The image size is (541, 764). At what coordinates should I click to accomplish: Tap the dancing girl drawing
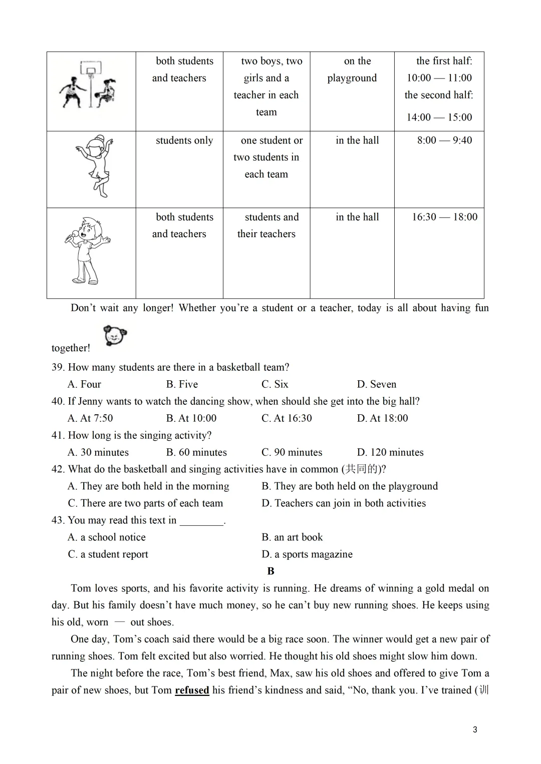point(95,165)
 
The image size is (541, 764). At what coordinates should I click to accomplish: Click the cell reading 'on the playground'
point(352,70)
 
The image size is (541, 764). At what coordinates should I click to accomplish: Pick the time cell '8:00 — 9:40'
point(444,140)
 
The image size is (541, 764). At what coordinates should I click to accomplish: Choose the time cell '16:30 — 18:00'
point(444,217)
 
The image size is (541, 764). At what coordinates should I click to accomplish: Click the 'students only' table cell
point(184,140)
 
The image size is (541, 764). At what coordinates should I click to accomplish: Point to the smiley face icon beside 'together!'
point(115,336)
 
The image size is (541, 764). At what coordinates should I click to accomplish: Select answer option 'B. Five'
point(182,384)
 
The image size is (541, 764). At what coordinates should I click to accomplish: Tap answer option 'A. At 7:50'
point(90,418)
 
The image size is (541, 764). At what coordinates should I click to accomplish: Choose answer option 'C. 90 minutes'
point(292,452)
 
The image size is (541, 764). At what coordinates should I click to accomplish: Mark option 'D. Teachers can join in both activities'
point(344,503)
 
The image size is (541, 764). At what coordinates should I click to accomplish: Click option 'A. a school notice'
point(107,537)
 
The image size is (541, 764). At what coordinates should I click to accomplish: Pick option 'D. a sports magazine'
point(307,554)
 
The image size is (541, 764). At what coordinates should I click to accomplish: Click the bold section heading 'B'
point(271,571)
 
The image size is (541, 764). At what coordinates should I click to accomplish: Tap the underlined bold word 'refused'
point(192,690)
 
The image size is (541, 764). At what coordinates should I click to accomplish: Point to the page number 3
point(475,729)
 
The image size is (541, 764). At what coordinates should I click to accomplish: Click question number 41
point(58,435)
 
